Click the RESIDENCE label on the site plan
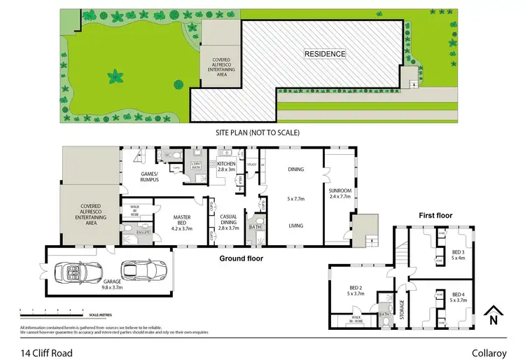[325, 53]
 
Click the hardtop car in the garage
[144, 269]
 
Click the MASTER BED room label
[182, 222]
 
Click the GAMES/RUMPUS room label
[148, 176]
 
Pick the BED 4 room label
[458, 297]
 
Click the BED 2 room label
[356, 291]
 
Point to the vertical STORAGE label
[402, 309]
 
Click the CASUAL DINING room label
[229, 224]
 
